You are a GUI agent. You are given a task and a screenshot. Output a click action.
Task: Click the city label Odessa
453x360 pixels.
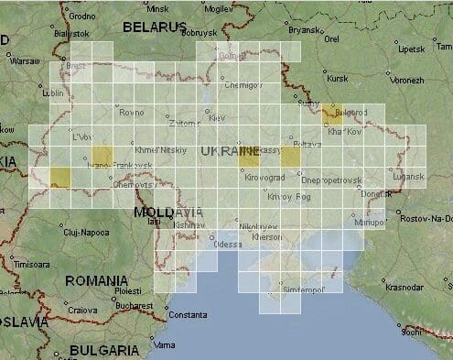tap(227, 245)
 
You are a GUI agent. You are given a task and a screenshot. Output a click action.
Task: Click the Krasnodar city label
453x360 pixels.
tap(405, 287)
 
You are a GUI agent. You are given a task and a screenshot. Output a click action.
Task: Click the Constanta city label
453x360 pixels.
tap(188, 315)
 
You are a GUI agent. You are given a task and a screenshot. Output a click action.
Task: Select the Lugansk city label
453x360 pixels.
tap(408, 176)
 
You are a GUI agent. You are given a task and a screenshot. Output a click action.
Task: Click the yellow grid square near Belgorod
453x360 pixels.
tap(331, 114)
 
